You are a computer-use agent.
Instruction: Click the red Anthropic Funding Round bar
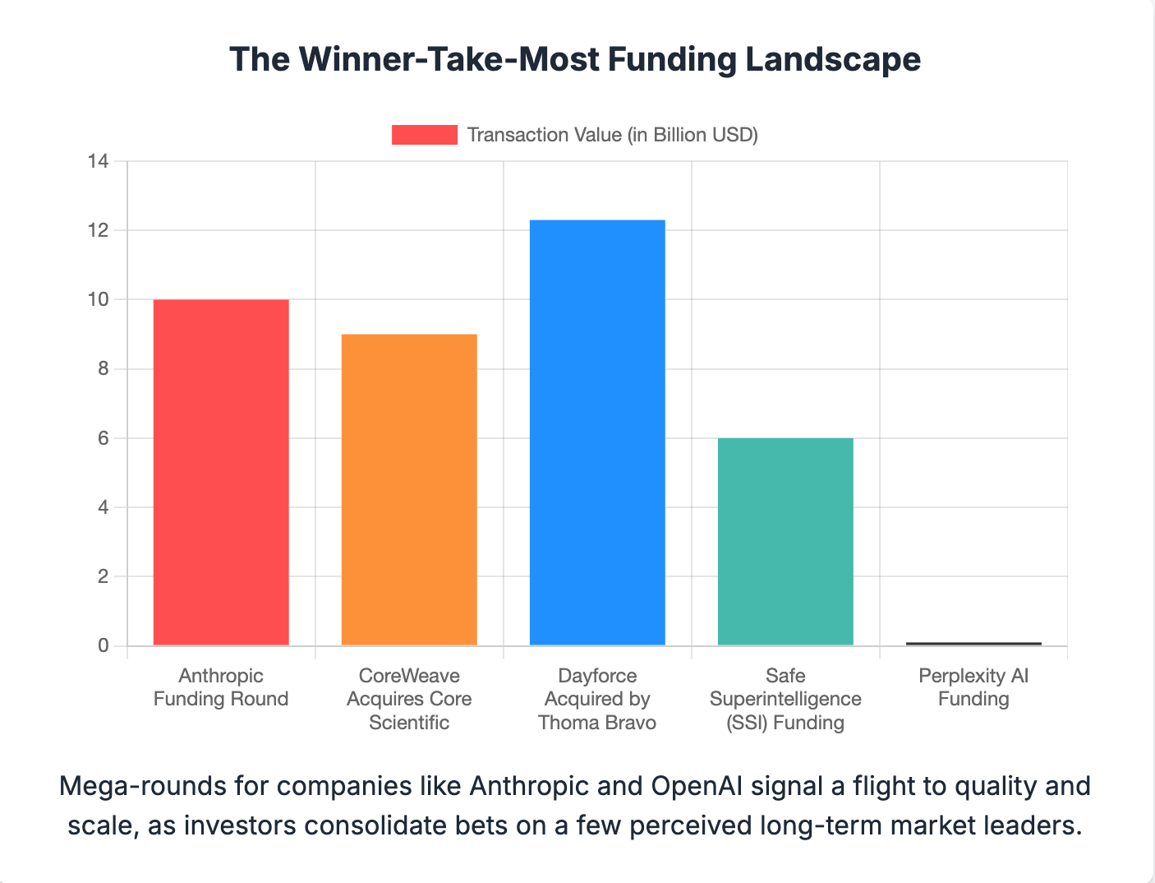pos(221,472)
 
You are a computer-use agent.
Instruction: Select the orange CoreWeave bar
pos(409,489)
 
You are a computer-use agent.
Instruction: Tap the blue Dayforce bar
pos(597,432)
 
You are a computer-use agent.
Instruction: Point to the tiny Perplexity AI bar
pos(973,644)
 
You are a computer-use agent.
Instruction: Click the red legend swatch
pos(424,135)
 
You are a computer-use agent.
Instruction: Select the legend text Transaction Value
pos(612,135)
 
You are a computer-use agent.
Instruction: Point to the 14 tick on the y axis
pos(99,161)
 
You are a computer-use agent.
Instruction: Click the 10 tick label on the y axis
pos(99,299)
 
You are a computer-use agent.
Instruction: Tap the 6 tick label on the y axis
pos(103,438)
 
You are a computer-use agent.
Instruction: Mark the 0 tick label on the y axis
pos(103,645)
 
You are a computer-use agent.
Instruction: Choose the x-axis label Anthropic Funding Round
pos(221,687)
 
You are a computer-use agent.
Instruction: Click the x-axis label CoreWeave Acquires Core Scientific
pos(409,699)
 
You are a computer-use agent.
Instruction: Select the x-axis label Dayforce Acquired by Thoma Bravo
pos(597,699)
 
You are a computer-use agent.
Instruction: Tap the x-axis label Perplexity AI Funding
pos(973,687)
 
